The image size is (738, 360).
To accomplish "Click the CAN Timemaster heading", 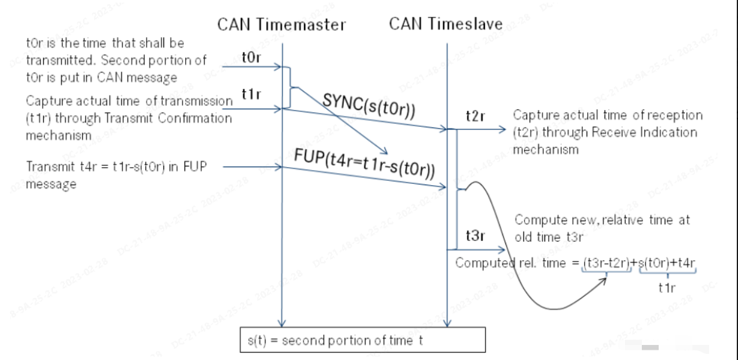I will coord(281,24).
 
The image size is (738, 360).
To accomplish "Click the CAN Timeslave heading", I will coord(445,23).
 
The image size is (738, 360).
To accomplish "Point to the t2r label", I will coord(475,117).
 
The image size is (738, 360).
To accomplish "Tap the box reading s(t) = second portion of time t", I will coord(362,340).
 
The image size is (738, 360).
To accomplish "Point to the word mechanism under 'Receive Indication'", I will coord(546,149).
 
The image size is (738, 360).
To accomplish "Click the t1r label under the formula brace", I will coord(667,287).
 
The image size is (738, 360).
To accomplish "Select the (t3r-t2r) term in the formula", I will coord(606,263).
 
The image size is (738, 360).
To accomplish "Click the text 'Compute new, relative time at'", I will coord(602,220).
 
